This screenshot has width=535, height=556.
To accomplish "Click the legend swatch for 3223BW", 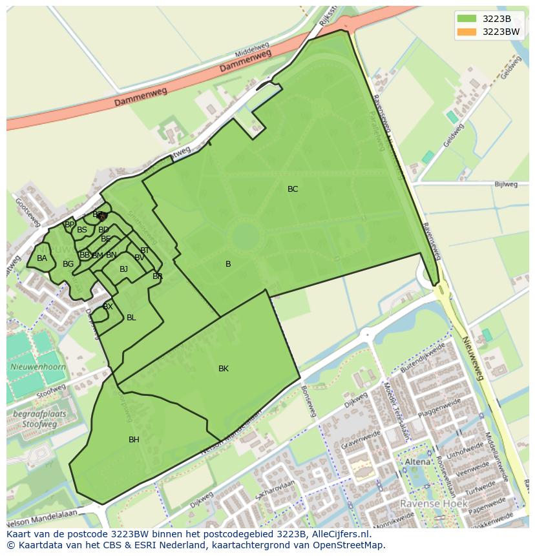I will [x=465, y=32].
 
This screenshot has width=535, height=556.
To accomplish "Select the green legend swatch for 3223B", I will [x=465, y=19].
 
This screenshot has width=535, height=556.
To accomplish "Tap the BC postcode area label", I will [x=293, y=189].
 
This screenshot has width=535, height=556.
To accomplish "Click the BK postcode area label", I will [x=224, y=369].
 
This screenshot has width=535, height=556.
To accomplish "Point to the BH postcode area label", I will [x=134, y=440].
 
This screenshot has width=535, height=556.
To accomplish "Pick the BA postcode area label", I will [x=42, y=258].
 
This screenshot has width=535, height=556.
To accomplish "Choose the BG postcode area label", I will [x=68, y=264].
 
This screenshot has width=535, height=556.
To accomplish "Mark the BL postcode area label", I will [x=131, y=318].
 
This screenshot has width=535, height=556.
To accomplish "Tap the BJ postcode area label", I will [x=123, y=269].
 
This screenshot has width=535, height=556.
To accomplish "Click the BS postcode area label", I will [x=82, y=230].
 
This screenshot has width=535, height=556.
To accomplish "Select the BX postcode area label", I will [x=108, y=307].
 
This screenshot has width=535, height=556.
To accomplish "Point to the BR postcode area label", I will [x=158, y=276].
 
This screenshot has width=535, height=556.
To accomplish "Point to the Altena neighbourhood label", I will [x=417, y=462].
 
